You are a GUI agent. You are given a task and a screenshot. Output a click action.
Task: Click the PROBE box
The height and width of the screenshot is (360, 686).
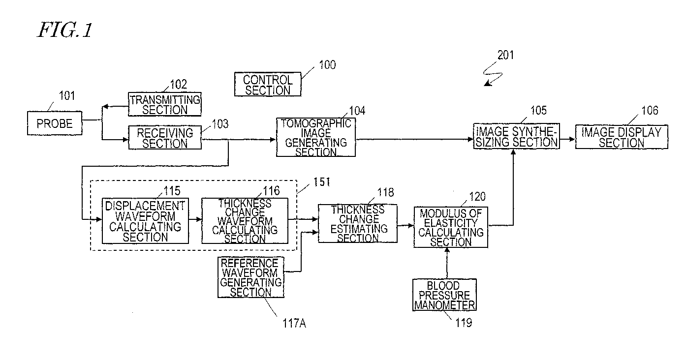tap(55, 123)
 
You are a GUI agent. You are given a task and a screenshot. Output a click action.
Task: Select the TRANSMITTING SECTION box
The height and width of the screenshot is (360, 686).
tap(165, 104)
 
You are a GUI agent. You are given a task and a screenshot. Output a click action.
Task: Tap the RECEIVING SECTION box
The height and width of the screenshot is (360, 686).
tap(165, 137)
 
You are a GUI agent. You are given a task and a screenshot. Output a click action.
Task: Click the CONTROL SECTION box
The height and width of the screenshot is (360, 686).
tap(268, 84)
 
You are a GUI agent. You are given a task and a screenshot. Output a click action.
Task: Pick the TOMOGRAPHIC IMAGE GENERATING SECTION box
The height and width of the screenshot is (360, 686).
tap(316, 137)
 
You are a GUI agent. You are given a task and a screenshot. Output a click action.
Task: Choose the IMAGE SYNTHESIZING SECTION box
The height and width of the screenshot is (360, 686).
tap(516, 136)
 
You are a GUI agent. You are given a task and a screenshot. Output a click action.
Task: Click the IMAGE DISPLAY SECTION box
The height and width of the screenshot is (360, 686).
tap(622, 137)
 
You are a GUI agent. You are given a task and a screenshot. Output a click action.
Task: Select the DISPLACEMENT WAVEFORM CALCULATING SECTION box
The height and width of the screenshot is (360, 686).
tap(145, 221)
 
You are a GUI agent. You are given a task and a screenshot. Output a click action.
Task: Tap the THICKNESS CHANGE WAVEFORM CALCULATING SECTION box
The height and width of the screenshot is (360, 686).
tap(245, 221)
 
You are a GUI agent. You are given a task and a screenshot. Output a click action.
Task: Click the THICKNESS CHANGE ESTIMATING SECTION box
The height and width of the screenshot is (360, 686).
tap(358, 224)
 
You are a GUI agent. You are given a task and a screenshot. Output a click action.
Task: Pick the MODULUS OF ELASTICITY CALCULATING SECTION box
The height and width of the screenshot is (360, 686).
tap(450, 227)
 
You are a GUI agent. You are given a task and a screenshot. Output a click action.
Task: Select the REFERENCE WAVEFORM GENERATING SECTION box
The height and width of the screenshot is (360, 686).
tap(251, 277)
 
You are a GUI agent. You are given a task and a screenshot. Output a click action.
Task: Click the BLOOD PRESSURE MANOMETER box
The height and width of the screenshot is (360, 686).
tap(444, 295)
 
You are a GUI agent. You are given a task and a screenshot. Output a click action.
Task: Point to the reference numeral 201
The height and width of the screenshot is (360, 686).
tap(505, 55)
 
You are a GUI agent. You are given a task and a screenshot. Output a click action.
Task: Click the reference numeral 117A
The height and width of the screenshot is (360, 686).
tap(294, 323)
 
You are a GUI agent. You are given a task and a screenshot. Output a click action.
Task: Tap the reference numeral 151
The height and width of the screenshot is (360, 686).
tap(321, 182)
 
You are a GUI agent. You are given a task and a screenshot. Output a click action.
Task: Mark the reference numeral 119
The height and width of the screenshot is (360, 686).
tap(464, 323)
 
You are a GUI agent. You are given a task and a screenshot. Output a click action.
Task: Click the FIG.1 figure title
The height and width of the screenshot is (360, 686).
tap(64, 30)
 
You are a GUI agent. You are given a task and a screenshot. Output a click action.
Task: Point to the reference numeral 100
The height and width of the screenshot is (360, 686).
tap(327, 65)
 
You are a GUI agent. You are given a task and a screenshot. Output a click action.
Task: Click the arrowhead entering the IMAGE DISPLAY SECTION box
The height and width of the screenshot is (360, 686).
tap(572, 139)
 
